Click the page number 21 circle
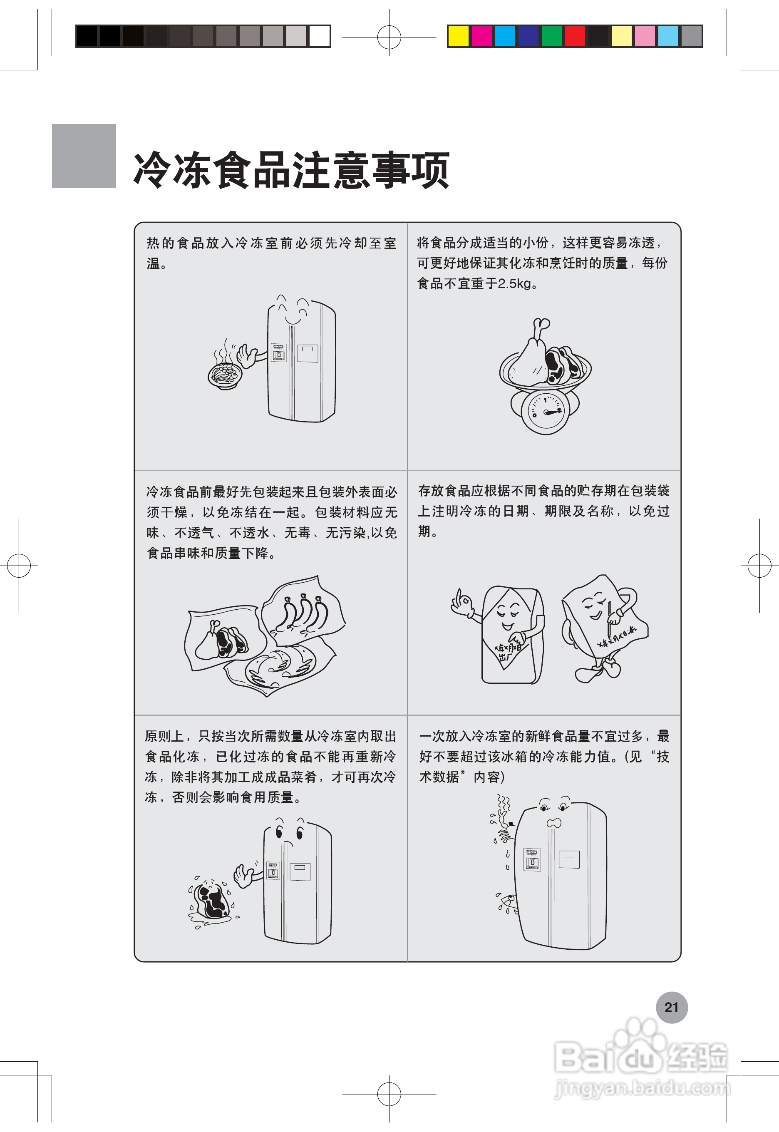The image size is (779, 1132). [671, 1007]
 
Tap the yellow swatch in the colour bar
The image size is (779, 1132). [458, 36]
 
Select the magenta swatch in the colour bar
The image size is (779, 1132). [482, 36]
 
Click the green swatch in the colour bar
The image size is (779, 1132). [551, 36]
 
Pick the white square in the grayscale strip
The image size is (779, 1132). [320, 36]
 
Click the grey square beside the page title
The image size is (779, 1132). [84, 156]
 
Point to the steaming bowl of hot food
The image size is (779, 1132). [225, 375]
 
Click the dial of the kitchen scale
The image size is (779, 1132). [546, 412]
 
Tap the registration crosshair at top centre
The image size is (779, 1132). [389, 37]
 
